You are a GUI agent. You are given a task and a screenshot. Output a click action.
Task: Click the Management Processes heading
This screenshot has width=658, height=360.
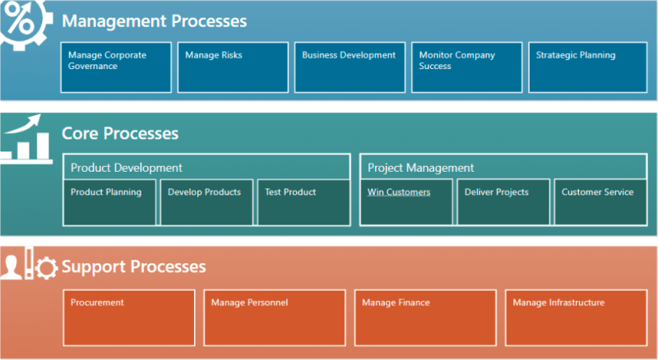pos(154,21)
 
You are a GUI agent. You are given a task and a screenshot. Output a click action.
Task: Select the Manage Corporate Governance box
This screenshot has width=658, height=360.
pos(116,67)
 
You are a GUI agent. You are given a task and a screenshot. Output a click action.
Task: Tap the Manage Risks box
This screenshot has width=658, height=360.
pos(233,67)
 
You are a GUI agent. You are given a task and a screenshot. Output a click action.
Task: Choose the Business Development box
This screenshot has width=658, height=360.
pos(350,67)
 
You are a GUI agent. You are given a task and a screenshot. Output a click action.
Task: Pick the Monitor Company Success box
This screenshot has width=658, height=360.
pos(466,67)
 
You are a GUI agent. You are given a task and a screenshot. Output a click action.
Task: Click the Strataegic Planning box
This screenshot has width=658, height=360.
pos(583,67)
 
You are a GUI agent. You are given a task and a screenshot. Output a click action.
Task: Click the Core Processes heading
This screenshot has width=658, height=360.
pos(120,133)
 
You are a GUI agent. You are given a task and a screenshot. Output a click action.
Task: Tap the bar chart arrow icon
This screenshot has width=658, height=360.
pos(25,138)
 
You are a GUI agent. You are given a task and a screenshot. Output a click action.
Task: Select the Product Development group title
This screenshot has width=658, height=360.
pos(127,168)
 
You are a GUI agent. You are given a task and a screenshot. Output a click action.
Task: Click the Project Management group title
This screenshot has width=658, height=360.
pos(421,168)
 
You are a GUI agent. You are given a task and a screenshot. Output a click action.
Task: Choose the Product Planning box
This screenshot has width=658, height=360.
pos(109,201)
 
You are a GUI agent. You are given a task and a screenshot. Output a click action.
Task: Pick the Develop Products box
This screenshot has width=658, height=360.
pos(206,201)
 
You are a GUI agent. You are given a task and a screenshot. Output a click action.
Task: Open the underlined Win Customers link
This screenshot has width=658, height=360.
pos(399,192)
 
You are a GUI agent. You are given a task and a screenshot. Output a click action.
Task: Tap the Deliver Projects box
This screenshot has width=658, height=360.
pos(503,201)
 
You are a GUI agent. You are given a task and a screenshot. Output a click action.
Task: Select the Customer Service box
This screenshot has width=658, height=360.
pos(600,201)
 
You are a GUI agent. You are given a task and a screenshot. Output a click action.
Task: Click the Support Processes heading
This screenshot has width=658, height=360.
pos(133,267)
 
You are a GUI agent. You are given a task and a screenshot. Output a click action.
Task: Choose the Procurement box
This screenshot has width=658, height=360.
pos(129,316)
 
